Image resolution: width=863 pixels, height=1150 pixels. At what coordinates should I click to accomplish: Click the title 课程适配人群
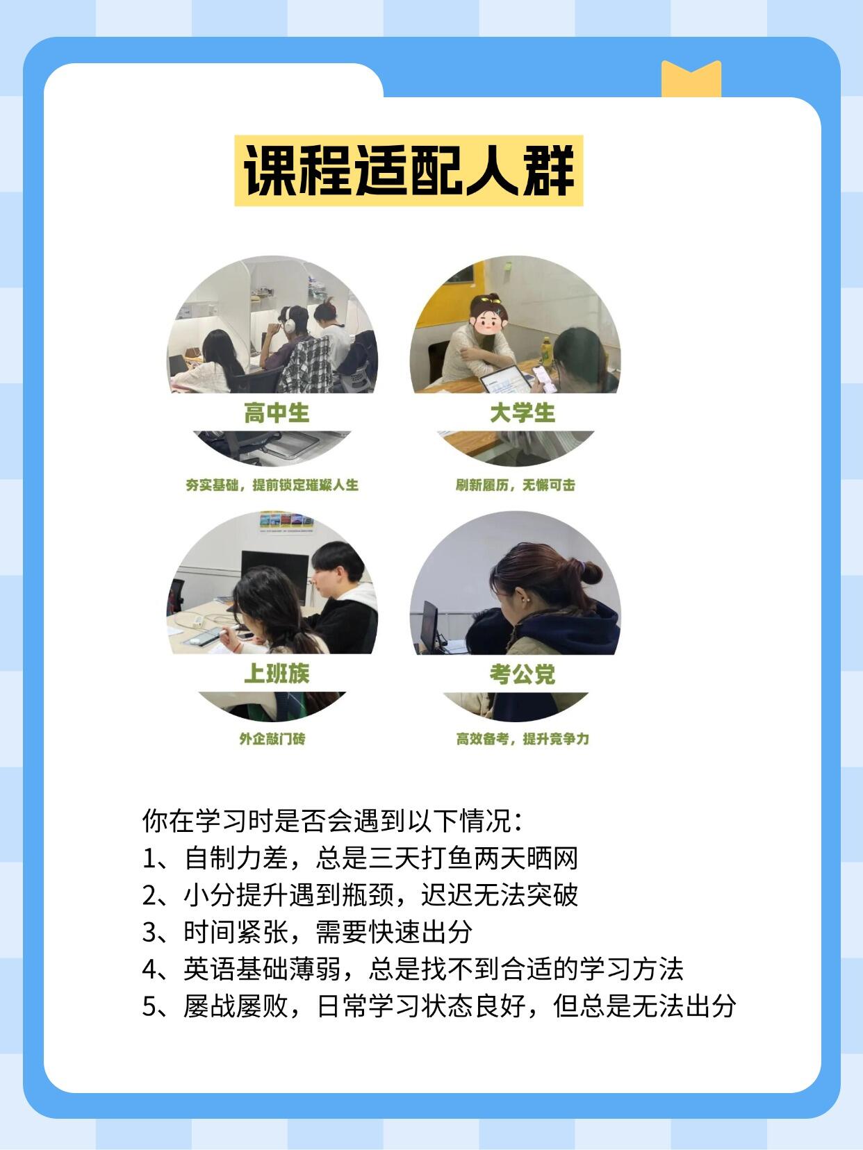409,171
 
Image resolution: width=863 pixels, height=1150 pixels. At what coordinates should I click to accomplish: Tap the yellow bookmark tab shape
691,80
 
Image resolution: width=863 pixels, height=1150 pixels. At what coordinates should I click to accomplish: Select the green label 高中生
276,413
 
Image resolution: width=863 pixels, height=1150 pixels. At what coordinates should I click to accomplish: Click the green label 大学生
523,413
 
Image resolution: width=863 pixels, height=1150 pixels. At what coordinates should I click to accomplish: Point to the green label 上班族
276,673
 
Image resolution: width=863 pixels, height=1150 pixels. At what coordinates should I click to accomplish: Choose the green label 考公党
523,674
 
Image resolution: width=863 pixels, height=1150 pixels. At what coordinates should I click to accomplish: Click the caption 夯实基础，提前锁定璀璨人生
272,485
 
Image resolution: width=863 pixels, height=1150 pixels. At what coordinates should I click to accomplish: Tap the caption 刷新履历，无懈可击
515,485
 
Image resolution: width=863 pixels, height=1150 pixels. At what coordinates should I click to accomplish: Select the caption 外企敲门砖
272,739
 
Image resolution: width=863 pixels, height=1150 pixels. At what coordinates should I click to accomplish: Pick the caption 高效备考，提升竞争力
523,739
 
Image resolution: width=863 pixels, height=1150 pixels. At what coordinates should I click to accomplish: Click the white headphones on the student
289,320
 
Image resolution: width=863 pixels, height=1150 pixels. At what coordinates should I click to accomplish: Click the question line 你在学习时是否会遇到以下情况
332,821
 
